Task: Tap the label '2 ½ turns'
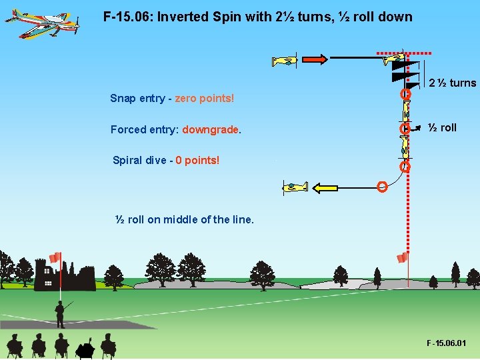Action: point(452,83)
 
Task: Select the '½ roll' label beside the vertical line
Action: point(441,127)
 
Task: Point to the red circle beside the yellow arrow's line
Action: point(382,187)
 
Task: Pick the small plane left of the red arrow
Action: point(285,61)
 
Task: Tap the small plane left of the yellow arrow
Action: point(296,187)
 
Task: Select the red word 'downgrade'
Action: point(211,130)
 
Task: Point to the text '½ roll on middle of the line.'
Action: point(184,219)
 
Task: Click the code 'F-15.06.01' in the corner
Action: point(447,343)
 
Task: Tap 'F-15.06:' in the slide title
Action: point(127,17)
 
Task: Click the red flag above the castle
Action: point(55,257)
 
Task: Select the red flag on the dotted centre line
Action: point(402,258)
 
